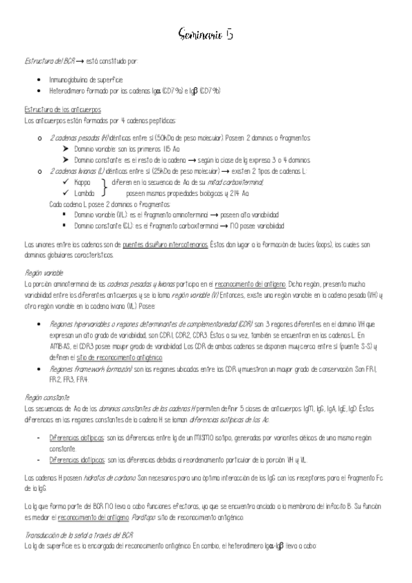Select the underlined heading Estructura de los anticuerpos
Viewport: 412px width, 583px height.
tap(63, 109)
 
